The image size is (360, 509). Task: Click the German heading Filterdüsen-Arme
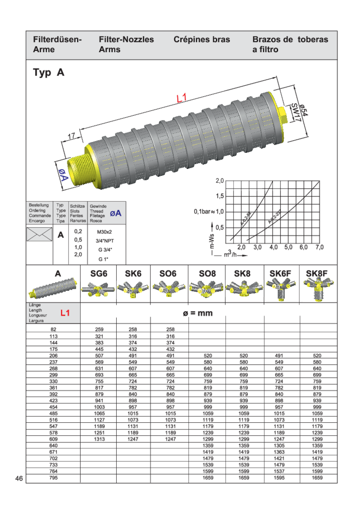coord(57,45)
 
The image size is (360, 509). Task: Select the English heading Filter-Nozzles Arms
coord(126,45)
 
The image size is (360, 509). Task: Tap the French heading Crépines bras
coord(202,40)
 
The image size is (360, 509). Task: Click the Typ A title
coord(48,73)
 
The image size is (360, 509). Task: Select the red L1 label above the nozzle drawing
coord(182,98)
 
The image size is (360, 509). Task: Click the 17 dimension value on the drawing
coord(71,136)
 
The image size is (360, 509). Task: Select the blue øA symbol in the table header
coord(115,213)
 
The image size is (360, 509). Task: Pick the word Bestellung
coord(38,205)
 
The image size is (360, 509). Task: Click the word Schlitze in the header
coord(77,206)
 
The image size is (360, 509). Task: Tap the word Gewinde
coord(98,206)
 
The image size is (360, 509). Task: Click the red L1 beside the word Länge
coord(65,313)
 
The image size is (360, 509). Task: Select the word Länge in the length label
coord(35,305)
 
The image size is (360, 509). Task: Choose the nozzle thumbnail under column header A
coord(52,288)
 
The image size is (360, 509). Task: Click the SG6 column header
coord(98,272)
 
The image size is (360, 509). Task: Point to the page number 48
coord(19,478)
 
